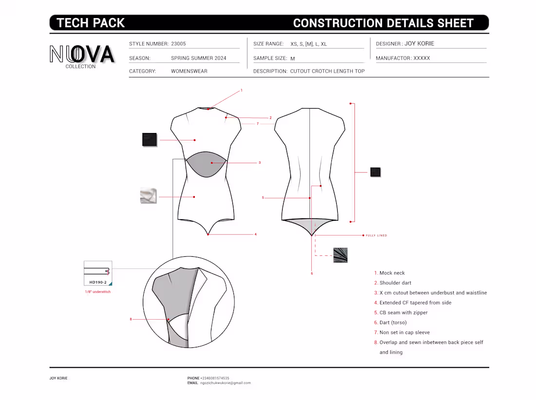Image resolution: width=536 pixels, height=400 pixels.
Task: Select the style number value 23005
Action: point(178,44)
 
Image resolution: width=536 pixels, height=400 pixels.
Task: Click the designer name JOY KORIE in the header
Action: point(420,43)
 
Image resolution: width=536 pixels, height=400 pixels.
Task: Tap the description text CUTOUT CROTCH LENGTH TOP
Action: point(327,71)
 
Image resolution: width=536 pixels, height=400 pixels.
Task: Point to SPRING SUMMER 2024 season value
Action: point(199,58)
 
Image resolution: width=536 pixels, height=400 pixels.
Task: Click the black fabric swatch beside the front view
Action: point(150,139)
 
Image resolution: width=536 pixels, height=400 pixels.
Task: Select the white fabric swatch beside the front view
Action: point(148,196)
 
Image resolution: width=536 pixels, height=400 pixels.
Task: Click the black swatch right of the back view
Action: point(375,172)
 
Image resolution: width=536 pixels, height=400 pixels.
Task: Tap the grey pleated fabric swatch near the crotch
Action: point(340,255)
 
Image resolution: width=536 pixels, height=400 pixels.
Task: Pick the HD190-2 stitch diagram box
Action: point(98,273)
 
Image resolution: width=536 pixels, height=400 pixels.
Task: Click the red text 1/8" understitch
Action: point(98,292)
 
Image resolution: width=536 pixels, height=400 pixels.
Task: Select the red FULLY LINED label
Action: point(376,235)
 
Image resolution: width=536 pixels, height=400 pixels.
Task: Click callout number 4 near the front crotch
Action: point(255,234)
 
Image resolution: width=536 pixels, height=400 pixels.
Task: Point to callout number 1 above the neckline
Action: point(241,90)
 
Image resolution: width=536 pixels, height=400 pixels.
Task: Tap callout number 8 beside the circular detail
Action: point(131,319)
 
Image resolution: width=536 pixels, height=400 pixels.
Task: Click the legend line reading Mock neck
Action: point(389,273)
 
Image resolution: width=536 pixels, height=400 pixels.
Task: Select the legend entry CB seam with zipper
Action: point(401,312)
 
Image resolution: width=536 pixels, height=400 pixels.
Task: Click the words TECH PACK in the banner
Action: point(91,23)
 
